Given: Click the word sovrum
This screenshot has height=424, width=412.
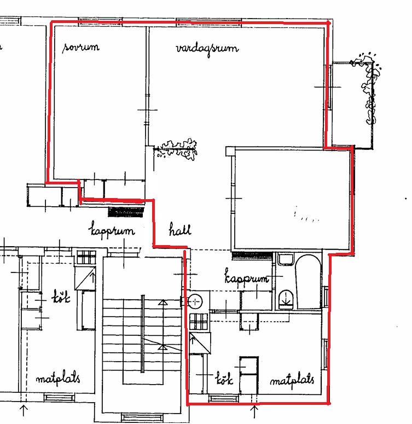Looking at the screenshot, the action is (81, 47).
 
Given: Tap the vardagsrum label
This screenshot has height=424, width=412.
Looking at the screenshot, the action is (207, 49).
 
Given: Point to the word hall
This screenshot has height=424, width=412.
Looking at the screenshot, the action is (180, 229).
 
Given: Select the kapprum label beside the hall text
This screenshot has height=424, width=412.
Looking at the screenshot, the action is (112, 230).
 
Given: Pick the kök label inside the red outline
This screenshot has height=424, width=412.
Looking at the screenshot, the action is (224, 378).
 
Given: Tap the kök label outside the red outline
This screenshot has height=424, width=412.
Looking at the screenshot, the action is (61, 297).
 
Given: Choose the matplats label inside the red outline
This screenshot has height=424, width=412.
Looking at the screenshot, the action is (292, 380).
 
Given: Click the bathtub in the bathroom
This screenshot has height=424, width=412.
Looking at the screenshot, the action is (308, 282).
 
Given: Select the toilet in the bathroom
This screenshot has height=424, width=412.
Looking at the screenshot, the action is (286, 300).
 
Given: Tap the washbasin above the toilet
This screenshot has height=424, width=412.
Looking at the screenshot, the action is (286, 260).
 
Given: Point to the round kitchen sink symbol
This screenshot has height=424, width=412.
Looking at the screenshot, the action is (195, 301).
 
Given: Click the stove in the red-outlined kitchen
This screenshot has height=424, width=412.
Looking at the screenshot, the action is (199, 322).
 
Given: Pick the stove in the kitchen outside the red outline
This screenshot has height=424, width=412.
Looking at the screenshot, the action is (86, 258).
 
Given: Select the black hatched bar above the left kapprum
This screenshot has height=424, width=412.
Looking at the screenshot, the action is (125, 212).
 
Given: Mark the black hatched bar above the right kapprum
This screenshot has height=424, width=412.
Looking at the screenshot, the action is (252, 255).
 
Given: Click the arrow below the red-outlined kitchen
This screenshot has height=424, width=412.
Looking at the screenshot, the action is (254, 411).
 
